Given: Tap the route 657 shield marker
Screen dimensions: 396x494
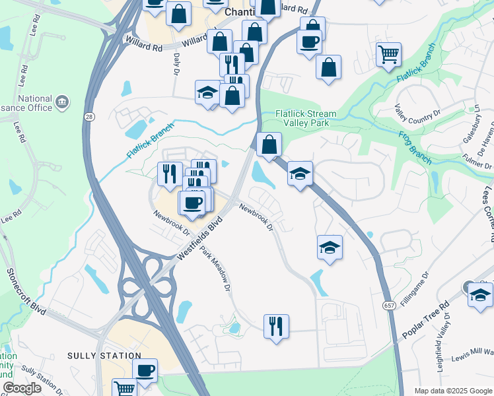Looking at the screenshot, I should [x=390, y=304].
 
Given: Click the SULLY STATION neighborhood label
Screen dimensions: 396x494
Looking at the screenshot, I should [x=95, y=356].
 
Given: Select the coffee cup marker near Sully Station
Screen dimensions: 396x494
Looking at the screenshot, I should [x=145, y=370].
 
